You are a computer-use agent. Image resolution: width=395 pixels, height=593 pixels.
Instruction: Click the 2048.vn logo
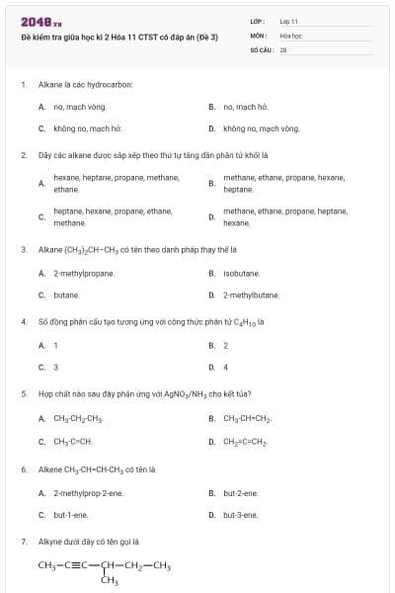(41, 23)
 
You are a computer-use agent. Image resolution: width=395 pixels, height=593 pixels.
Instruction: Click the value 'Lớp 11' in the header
(289, 21)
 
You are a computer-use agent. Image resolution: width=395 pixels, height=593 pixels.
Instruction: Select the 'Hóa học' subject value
(290, 34)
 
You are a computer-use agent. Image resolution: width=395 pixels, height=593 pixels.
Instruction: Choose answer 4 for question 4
(226, 367)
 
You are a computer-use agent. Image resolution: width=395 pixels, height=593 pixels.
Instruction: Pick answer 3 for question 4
(55, 367)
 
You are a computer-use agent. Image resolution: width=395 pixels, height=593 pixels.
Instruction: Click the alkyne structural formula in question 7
(105, 570)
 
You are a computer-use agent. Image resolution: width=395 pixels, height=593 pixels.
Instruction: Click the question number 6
(24, 469)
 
